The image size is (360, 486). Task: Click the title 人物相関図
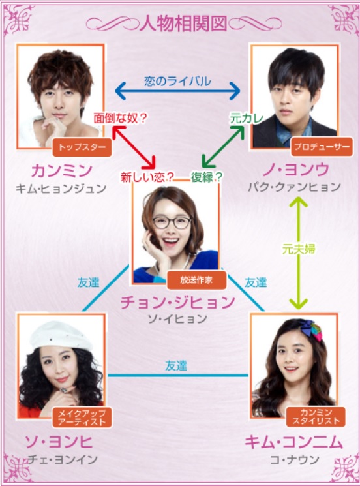pyautogui.click(x=183, y=23)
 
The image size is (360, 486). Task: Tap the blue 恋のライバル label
pyautogui.click(x=177, y=81)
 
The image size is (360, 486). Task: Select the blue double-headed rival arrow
pyautogui.click(x=177, y=91)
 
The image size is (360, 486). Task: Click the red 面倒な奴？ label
pyautogui.click(x=120, y=118)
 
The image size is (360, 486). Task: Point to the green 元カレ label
pyautogui.click(x=247, y=118)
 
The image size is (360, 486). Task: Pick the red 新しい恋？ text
pyautogui.click(x=147, y=177)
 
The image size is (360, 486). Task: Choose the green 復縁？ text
pyautogui.click(x=207, y=177)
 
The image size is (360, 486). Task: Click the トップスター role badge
pyautogui.click(x=82, y=147)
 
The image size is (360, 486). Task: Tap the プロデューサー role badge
pyautogui.click(x=322, y=147)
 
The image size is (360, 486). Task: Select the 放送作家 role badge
pyautogui.click(x=196, y=280)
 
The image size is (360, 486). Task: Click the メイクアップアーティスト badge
pyautogui.click(x=82, y=418)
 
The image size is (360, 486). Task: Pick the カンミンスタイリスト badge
pyautogui.click(x=316, y=417)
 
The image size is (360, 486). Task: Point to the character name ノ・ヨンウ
pyautogui.click(x=295, y=170)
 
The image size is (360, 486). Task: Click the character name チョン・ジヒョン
pyautogui.click(x=177, y=302)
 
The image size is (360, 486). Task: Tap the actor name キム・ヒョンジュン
pyautogui.click(x=61, y=189)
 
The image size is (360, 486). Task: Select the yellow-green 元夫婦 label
pyautogui.click(x=299, y=249)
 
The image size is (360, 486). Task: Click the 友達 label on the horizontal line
pyautogui.click(x=176, y=366)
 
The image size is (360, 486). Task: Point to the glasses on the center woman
pyautogui.click(x=172, y=222)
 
